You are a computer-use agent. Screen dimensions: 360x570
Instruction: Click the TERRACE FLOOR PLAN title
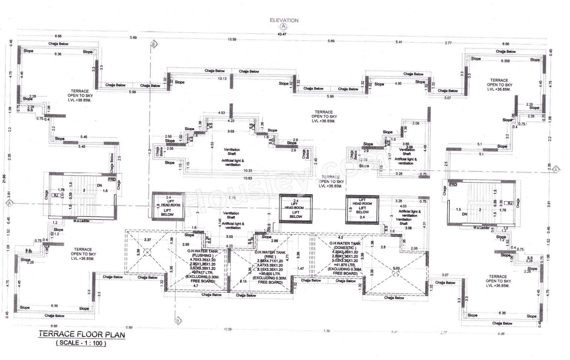[x=81, y=334]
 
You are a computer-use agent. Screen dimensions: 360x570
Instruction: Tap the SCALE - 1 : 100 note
[x=81, y=343]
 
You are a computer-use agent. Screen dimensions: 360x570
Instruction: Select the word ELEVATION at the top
[x=284, y=20]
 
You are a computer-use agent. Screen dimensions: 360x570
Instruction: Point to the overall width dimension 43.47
[x=281, y=34]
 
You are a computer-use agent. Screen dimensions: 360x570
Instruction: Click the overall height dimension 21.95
[x=4, y=178]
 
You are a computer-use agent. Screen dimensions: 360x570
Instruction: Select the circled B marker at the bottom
[x=178, y=320]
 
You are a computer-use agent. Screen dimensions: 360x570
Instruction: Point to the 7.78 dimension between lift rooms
[x=232, y=197]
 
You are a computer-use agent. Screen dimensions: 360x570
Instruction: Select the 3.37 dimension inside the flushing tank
[x=147, y=241]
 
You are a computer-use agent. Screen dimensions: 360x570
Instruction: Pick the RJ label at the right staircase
[x=510, y=203]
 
